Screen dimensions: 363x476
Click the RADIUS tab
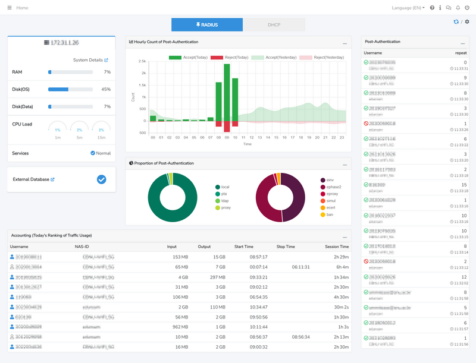pyautogui.click(x=206, y=25)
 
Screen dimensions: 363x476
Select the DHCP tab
pyautogui.click(x=274, y=25)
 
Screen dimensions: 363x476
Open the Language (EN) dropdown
pyautogui.click(x=408, y=8)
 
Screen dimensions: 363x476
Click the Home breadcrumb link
pyautogui.click(x=22, y=8)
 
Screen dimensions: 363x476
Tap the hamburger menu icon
pyautogui.click(x=9, y=8)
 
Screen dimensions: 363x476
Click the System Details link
pyautogui.click(x=90, y=60)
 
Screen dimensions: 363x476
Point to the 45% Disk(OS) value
pyautogui.click(x=106, y=89)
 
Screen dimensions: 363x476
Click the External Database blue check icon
pyautogui.click(x=101, y=179)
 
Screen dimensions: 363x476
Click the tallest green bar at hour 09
pyautogui.click(x=227, y=92)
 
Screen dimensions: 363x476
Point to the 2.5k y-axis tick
pyautogui.click(x=143, y=61)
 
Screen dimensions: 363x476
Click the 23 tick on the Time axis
pyautogui.click(x=342, y=137)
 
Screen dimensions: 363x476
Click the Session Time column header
pyautogui.click(x=336, y=246)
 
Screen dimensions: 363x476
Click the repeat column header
pyautogui.click(x=461, y=53)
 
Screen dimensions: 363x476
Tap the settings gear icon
pyautogui.click(x=467, y=22)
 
